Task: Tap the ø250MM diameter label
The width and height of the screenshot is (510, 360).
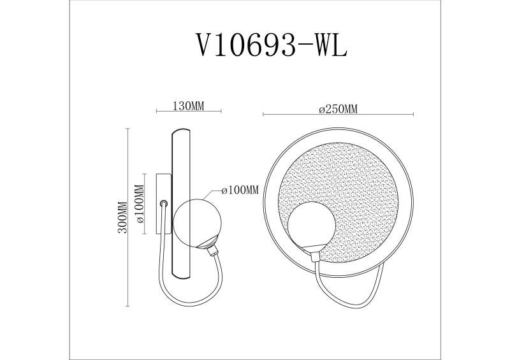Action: tap(338, 109)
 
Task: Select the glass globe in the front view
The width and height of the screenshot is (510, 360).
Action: tap(310, 226)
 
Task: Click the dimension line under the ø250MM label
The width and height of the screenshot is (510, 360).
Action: tap(338, 115)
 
